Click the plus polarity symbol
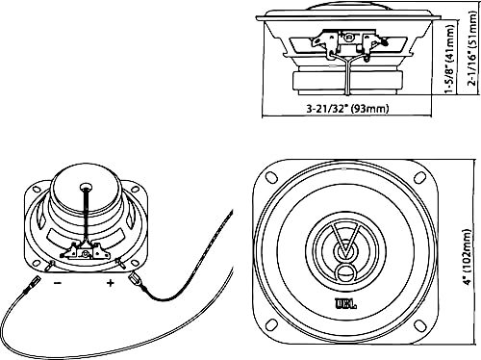click(x=110, y=283)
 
